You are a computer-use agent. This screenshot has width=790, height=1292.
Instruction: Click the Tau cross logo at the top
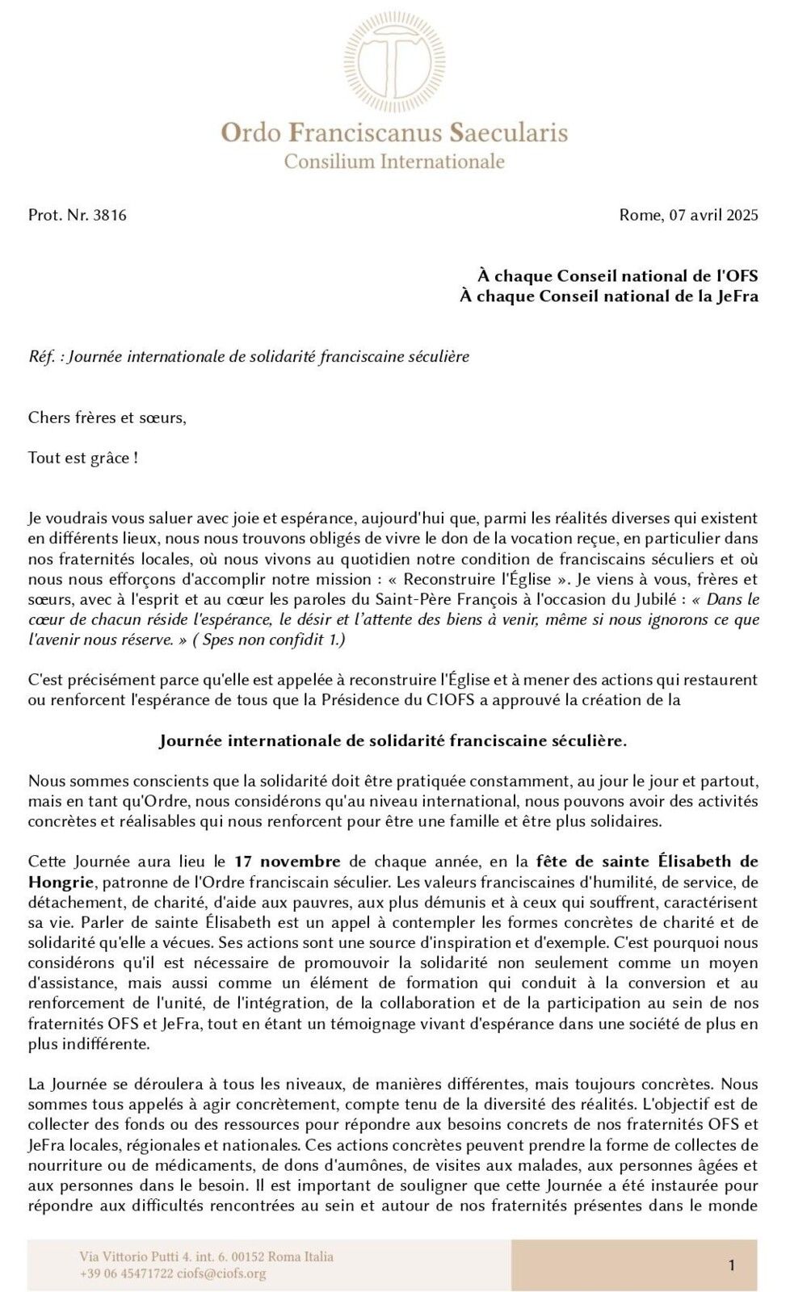[x=394, y=62]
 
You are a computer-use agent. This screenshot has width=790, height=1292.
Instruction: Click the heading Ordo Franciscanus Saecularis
[x=394, y=132]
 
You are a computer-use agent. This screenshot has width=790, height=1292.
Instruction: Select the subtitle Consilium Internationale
[x=394, y=161]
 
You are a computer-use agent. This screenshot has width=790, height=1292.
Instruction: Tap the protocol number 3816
[x=110, y=216]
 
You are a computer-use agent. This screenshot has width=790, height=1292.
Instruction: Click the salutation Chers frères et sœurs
[x=107, y=418]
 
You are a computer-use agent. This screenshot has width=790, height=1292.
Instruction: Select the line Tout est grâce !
[x=82, y=459]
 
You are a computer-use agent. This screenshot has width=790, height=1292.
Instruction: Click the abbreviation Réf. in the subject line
[x=41, y=356]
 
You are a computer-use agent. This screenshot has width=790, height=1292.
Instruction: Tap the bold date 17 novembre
[x=288, y=862]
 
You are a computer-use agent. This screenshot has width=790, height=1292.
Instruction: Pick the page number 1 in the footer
[x=732, y=1265]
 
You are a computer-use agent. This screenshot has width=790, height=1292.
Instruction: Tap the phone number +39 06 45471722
[x=126, y=1274]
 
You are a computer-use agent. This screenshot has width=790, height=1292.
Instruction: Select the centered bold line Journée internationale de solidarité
[x=393, y=740]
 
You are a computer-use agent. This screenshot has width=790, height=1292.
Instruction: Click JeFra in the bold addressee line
[x=737, y=296]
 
